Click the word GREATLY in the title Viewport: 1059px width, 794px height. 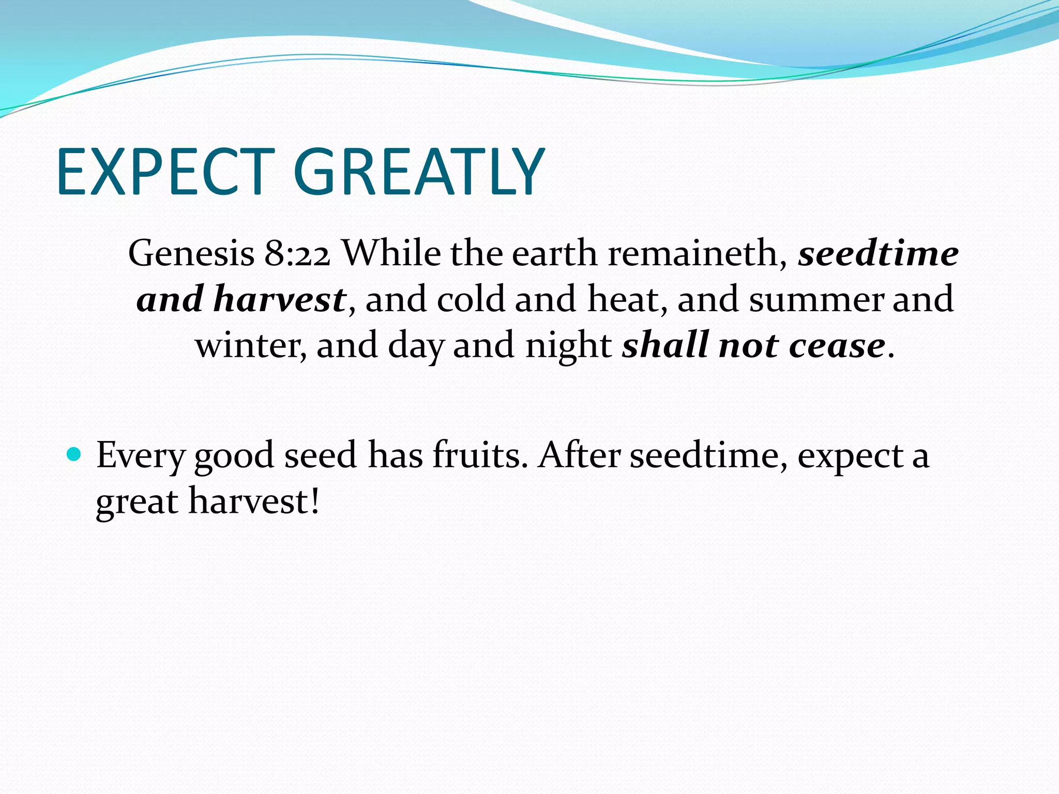[419, 172]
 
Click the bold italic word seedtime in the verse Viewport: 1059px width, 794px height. [878, 253]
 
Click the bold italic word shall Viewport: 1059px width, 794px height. [665, 345]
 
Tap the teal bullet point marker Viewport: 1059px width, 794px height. [74, 454]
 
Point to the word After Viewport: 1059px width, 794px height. [579, 455]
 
